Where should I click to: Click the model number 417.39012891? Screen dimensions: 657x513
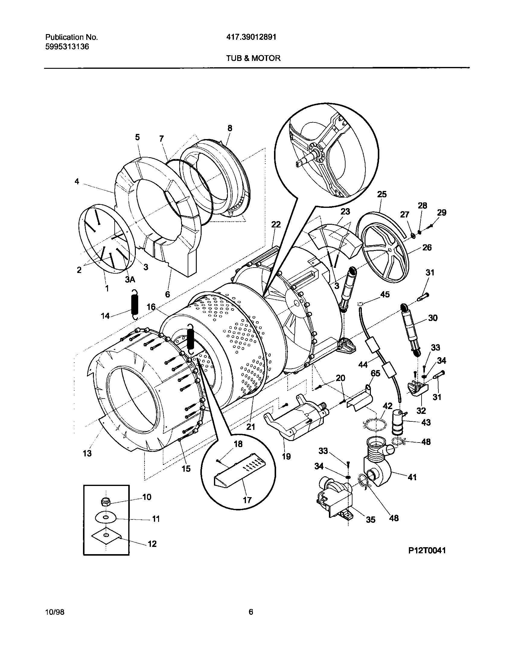click(x=251, y=37)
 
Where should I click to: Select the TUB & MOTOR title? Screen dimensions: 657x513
click(x=253, y=58)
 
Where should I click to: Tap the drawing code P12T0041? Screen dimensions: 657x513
click(x=427, y=551)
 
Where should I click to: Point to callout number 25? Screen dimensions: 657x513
click(x=382, y=194)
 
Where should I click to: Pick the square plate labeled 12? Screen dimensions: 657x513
click(x=106, y=535)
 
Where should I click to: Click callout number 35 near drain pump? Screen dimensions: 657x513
click(x=370, y=519)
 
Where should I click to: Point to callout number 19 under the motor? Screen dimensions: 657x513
click(x=286, y=456)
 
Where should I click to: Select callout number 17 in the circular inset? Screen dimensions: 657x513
click(x=247, y=500)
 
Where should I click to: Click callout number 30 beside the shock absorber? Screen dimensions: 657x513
click(x=432, y=318)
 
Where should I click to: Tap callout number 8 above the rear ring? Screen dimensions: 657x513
click(x=230, y=128)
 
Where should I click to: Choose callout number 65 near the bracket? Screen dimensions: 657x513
click(x=375, y=374)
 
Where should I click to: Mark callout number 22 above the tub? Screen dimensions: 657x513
click(x=276, y=224)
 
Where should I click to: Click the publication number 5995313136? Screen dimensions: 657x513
click(x=67, y=47)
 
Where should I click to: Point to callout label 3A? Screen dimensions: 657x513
click(x=130, y=280)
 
